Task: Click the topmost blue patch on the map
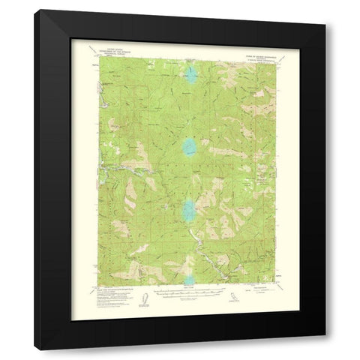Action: click(x=191, y=75)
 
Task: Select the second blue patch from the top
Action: click(x=188, y=145)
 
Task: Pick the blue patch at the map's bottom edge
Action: click(x=188, y=280)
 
